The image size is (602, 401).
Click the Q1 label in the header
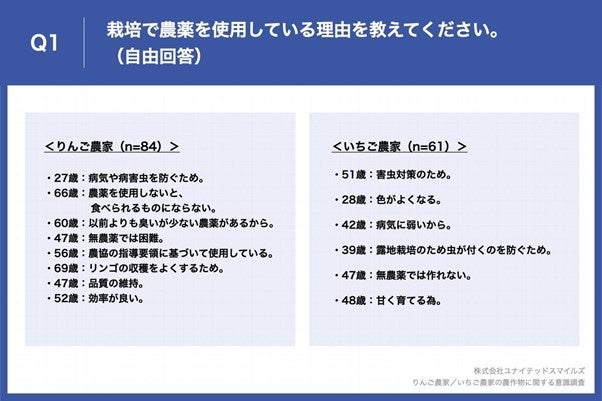coord(44,42)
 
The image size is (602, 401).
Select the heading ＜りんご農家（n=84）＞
coord(112,146)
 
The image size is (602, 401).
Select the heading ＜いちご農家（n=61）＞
coord(399,146)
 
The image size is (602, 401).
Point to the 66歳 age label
coord(68,193)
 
